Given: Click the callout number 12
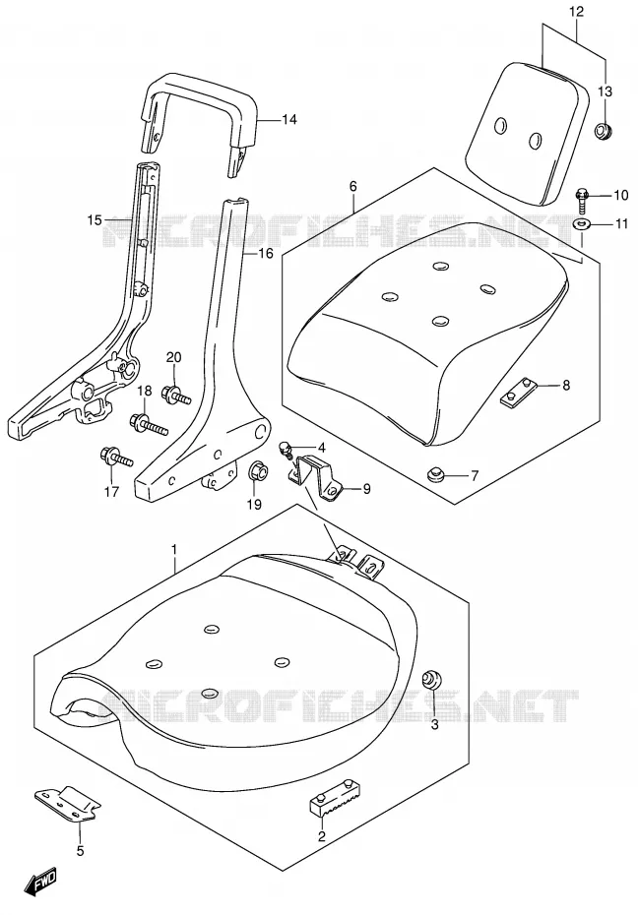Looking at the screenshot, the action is pyautogui.click(x=576, y=11).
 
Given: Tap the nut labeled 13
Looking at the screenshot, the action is pyautogui.click(x=603, y=130).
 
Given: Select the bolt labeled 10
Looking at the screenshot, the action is pyautogui.click(x=584, y=200).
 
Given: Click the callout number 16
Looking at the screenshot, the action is pyautogui.click(x=266, y=253).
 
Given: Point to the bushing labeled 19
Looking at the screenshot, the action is pyautogui.click(x=256, y=470).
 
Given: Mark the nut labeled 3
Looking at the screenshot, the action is pyautogui.click(x=431, y=680).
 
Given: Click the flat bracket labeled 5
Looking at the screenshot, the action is pyautogui.click(x=68, y=803).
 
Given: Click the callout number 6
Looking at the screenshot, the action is pyautogui.click(x=353, y=186).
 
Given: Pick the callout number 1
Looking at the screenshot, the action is pyautogui.click(x=174, y=549).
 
